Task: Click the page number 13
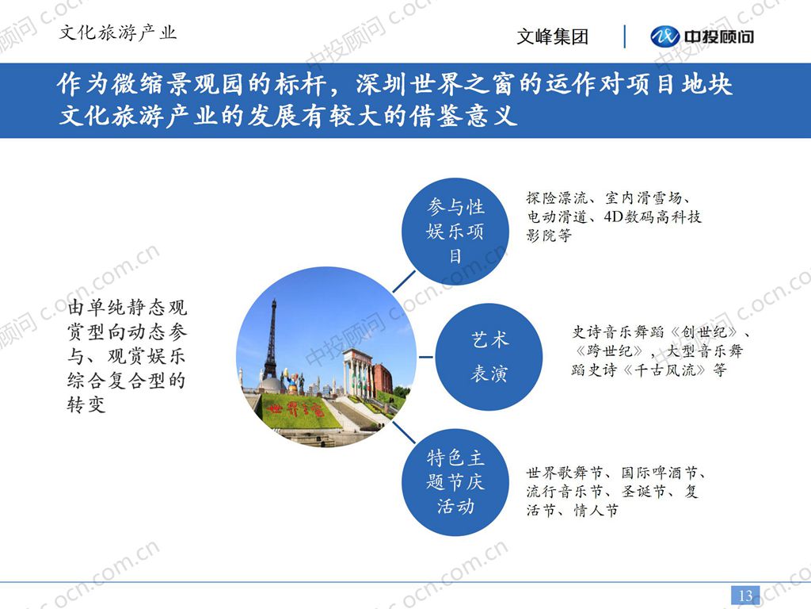click(x=745, y=596)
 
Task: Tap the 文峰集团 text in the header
click(x=552, y=36)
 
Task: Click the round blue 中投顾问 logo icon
click(x=664, y=36)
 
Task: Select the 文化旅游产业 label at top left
click(x=118, y=33)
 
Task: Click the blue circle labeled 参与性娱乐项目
click(x=455, y=231)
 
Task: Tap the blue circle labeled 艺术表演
click(x=489, y=357)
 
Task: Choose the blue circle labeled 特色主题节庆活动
click(x=455, y=482)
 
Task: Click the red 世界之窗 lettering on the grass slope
click(x=296, y=410)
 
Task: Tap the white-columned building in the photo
click(x=358, y=373)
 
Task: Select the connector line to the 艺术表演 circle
click(x=425, y=357)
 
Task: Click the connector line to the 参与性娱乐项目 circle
click(x=404, y=282)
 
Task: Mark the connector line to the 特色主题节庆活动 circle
click(x=404, y=432)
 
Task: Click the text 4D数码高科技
click(x=653, y=216)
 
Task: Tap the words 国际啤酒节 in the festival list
click(x=659, y=473)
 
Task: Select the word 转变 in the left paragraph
click(x=86, y=404)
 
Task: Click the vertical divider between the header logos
click(x=625, y=36)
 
